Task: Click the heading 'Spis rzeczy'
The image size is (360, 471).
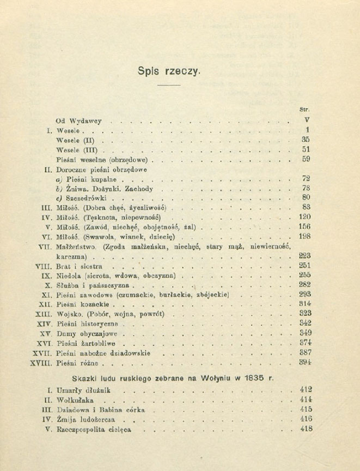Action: click(170, 71)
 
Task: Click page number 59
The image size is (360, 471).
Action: click(306, 160)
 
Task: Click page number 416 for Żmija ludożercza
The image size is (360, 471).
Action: click(306, 419)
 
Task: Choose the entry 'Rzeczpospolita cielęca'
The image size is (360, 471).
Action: click(94, 429)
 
